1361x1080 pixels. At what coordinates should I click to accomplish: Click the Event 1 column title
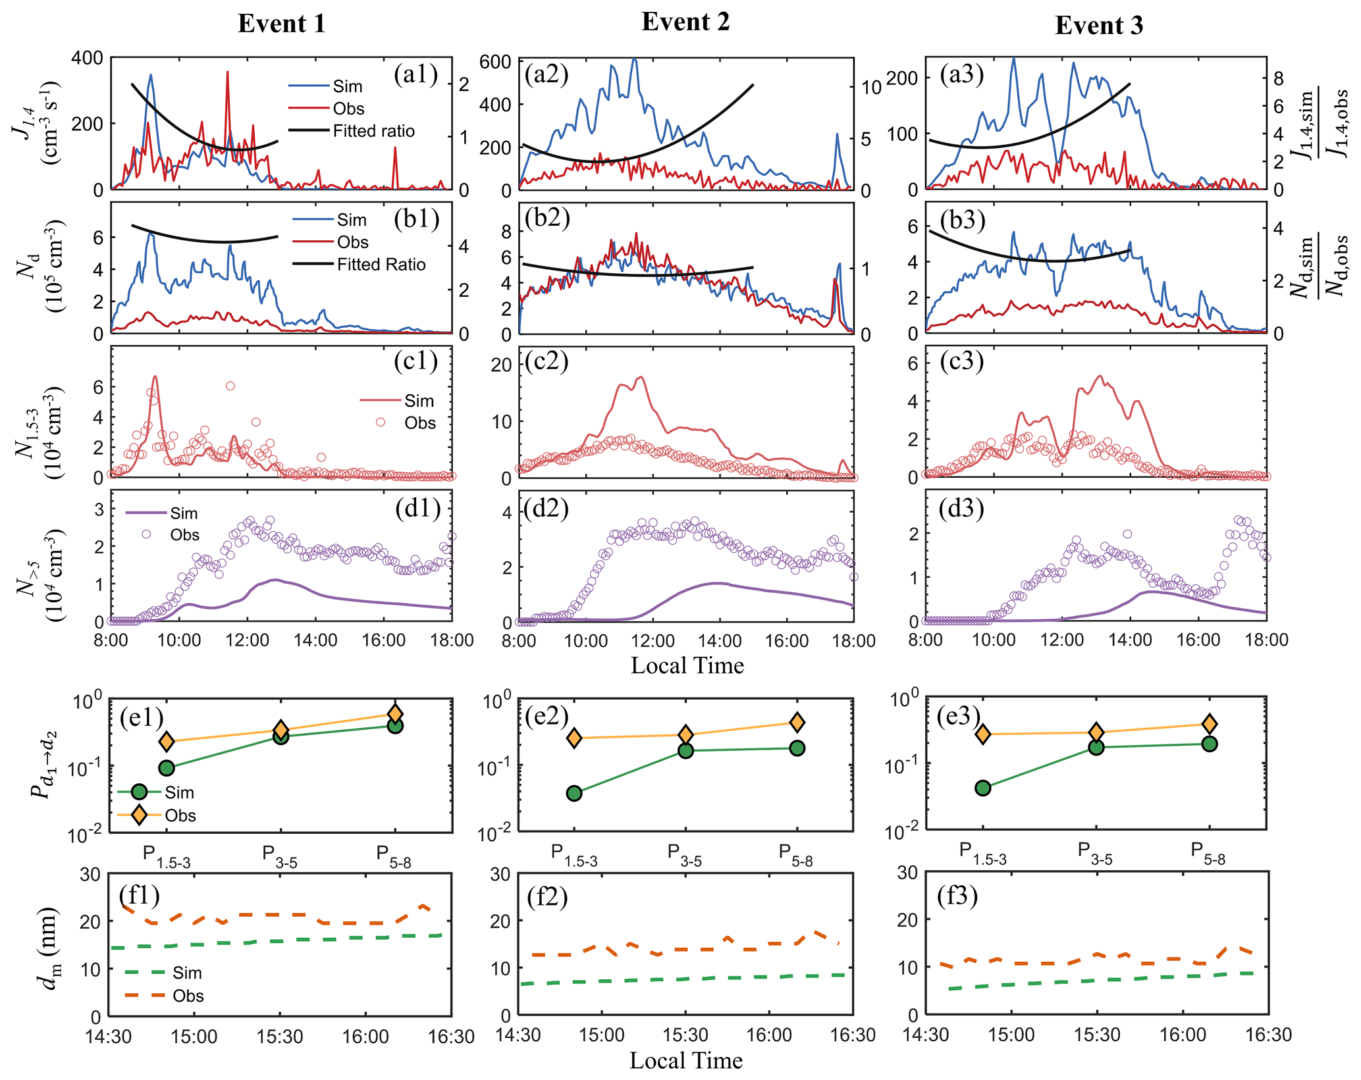(281, 24)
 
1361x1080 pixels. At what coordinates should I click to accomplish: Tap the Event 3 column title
(1098, 26)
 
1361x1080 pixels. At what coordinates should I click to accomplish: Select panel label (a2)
(546, 74)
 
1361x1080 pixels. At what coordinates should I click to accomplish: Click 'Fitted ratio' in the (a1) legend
(373, 131)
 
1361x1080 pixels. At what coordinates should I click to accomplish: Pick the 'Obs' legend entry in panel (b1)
(352, 242)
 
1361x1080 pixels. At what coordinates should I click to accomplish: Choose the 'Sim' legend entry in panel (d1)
(183, 513)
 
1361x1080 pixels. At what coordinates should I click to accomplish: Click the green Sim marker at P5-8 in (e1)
(395, 725)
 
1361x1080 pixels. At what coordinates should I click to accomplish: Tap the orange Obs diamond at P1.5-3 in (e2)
(574, 738)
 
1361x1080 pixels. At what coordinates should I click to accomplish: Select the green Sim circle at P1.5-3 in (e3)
(982, 788)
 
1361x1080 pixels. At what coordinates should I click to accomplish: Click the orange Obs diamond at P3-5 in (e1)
(280, 729)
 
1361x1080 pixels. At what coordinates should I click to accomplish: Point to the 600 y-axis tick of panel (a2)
(495, 62)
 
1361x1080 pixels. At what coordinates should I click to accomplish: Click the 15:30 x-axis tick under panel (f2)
(685, 1035)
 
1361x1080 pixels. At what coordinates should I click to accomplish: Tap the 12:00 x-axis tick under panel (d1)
(248, 640)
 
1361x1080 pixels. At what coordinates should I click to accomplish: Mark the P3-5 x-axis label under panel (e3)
(1095, 852)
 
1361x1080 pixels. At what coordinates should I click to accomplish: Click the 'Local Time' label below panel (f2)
(685, 1060)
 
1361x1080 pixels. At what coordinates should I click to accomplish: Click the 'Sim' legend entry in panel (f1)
(187, 973)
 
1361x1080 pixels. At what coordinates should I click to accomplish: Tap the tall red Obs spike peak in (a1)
(227, 72)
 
